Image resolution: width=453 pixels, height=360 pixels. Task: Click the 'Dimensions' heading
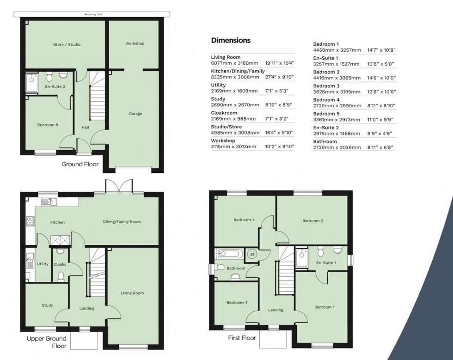pyautogui.click(x=231, y=40)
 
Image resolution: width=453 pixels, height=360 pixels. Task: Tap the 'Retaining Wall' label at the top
pyautogui.click(x=93, y=14)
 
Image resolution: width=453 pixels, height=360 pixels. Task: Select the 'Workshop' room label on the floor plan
pyautogui.click(x=135, y=43)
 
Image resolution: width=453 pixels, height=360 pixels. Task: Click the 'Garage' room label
pyautogui.click(x=135, y=114)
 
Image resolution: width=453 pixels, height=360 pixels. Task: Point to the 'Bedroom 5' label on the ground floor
pyautogui.click(x=48, y=125)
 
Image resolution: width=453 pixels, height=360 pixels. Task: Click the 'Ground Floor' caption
pyautogui.click(x=80, y=164)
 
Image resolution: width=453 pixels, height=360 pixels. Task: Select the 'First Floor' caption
pyautogui.click(x=242, y=338)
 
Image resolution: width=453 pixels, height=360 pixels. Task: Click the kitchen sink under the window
pyautogui.click(x=49, y=201)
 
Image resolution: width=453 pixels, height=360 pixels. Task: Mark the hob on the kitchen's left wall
pyautogui.click(x=31, y=221)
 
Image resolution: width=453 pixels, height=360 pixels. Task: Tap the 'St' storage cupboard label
pyautogui.click(x=252, y=254)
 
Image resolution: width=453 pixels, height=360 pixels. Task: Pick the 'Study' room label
pyautogui.click(x=47, y=305)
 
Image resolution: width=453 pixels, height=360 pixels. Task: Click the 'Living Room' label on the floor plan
pyautogui.click(x=132, y=293)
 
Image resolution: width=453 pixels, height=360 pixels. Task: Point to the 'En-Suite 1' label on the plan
pyautogui.click(x=325, y=262)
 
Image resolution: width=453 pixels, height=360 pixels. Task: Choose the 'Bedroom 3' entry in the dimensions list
pyautogui.click(x=326, y=86)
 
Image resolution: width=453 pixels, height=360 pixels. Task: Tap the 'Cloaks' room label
pyautogui.click(x=60, y=264)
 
